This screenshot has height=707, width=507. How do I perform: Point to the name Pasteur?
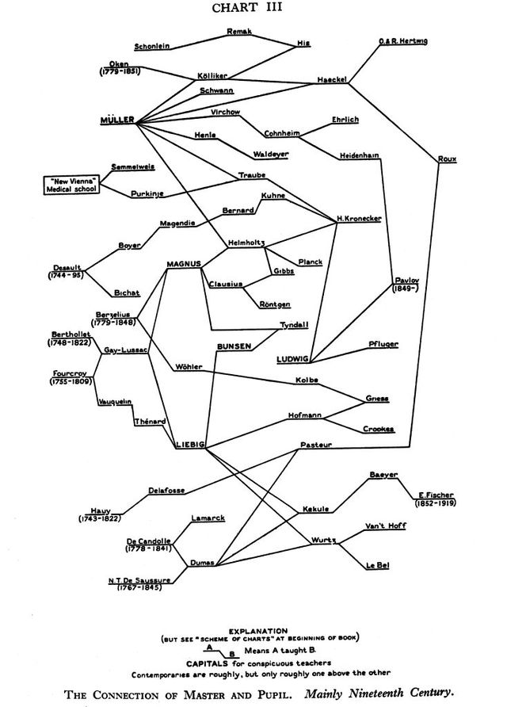click(316, 445)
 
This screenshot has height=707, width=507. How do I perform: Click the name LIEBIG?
click(190, 445)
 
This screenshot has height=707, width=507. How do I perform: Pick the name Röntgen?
click(274, 304)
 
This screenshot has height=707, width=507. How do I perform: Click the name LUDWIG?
click(292, 358)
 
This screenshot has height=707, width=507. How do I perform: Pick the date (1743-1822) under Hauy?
click(99, 518)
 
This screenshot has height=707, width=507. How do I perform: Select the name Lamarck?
click(208, 518)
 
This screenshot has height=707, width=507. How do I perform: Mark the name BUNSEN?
click(234, 346)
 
